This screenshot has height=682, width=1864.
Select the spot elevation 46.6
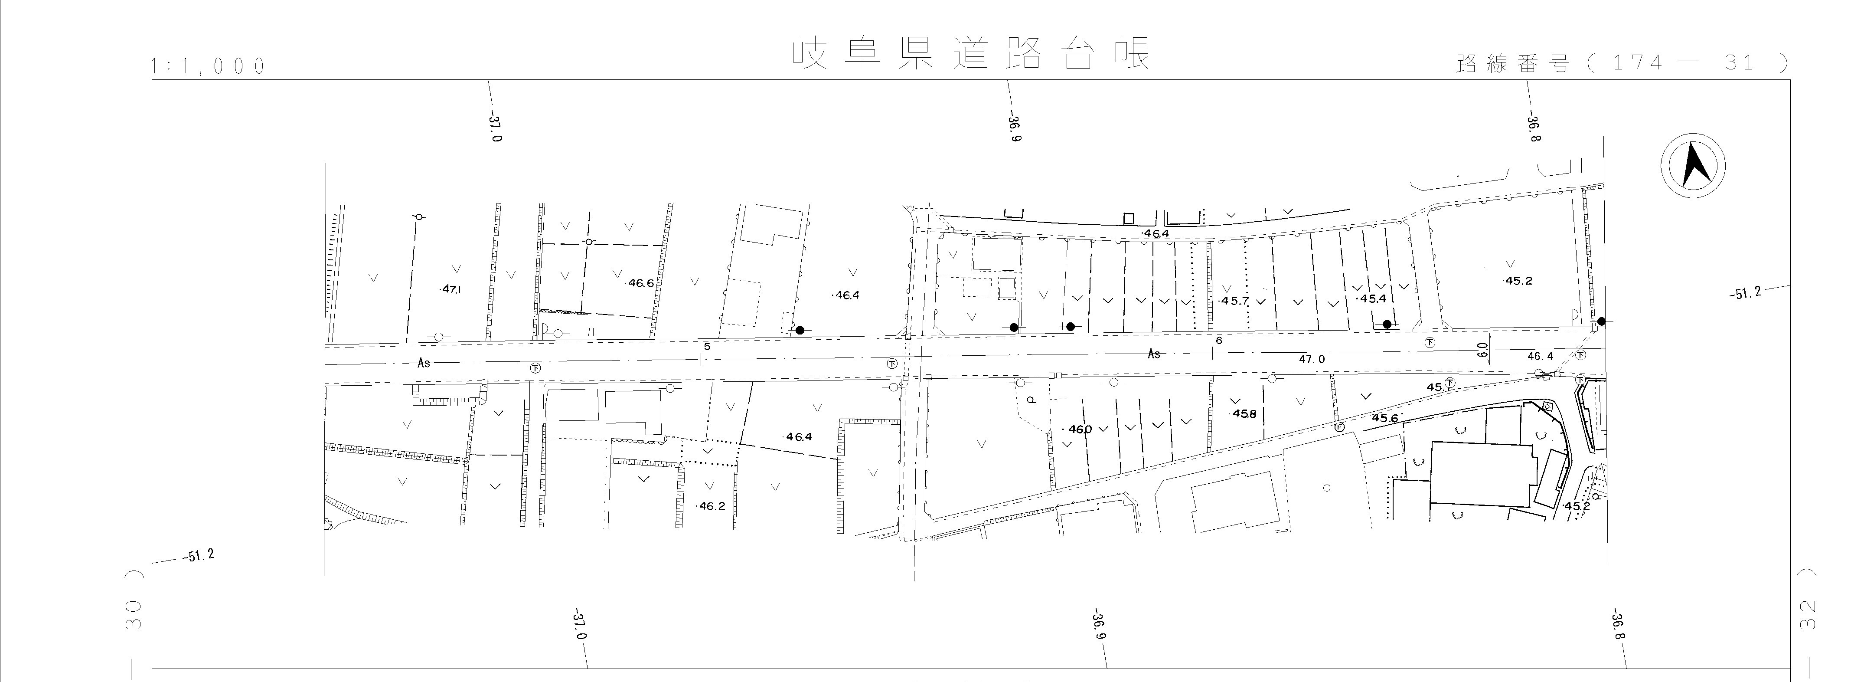pyautogui.click(x=639, y=283)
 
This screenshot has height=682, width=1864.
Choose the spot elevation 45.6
pyautogui.click(x=1384, y=419)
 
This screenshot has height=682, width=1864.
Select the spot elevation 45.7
pyautogui.click(x=1234, y=301)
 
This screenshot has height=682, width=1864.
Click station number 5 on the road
pyautogui.click(x=707, y=347)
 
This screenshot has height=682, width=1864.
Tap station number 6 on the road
pyautogui.click(x=1218, y=340)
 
